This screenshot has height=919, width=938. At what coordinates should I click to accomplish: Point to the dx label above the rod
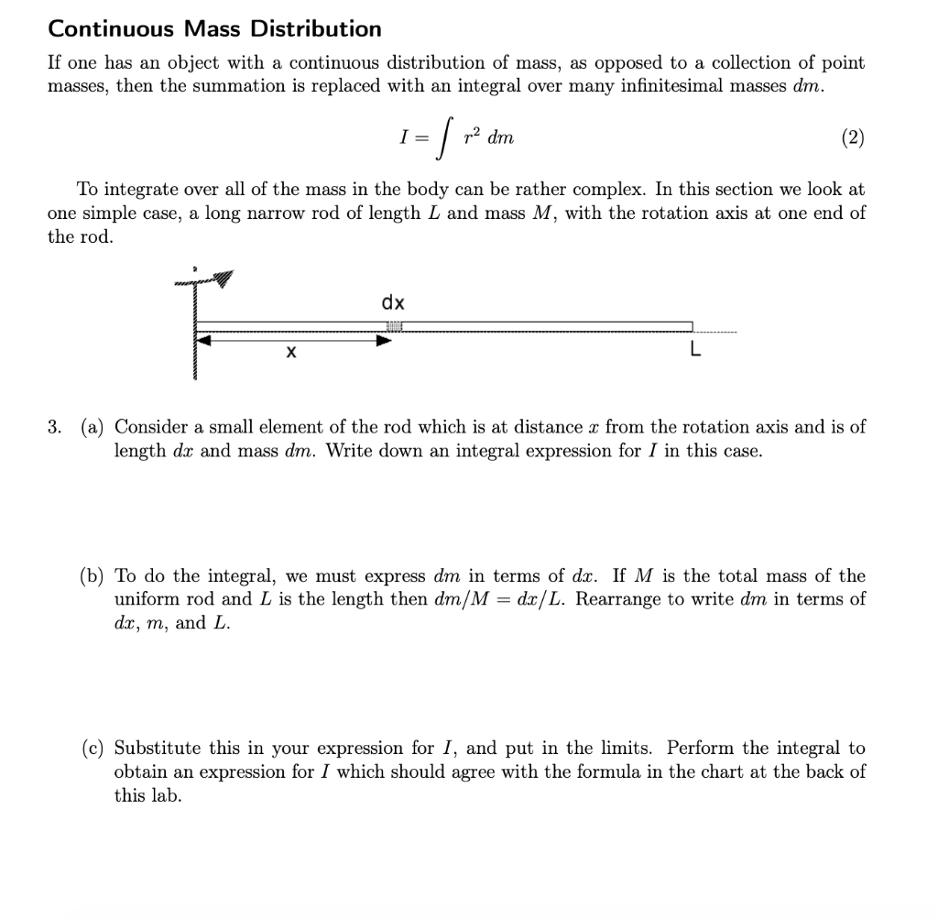tap(394, 302)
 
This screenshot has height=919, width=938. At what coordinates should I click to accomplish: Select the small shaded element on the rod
tap(395, 327)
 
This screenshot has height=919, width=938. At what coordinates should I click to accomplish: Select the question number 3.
tap(56, 427)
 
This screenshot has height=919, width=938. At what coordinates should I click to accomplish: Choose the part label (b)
tap(92, 575)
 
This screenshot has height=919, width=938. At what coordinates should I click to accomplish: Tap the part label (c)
tap(92, 748)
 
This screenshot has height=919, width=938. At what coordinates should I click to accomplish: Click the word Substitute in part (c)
tap(158, 748)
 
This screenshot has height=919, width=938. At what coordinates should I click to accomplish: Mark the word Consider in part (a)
tap(148, 427)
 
